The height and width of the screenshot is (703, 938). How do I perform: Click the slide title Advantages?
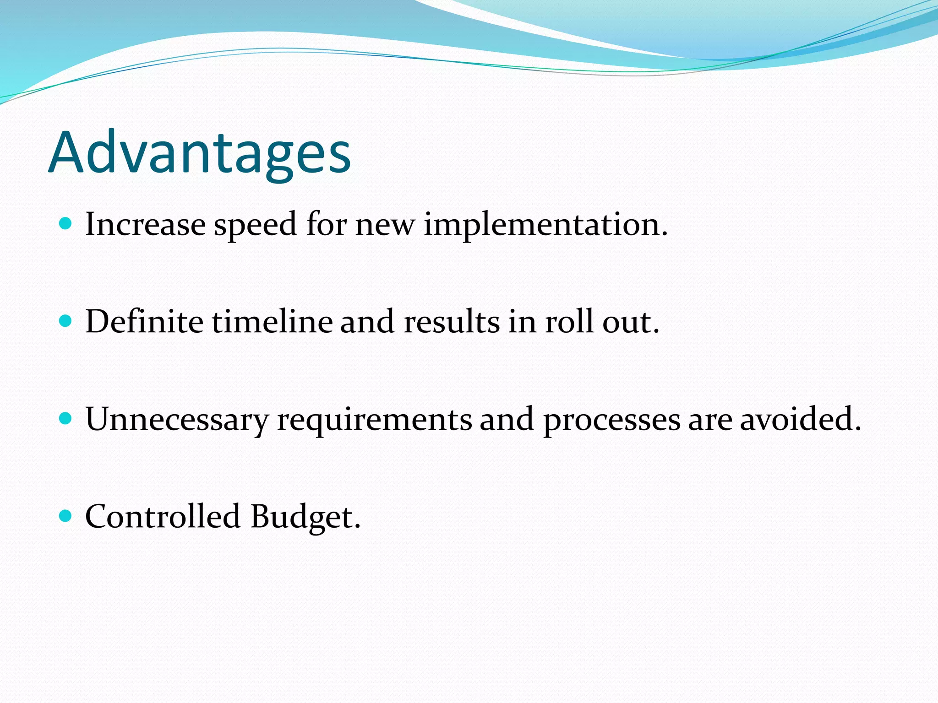click(199, 153)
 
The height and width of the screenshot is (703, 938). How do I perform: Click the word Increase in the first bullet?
click(145, 225)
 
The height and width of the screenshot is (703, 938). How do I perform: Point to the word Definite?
click(144, 322)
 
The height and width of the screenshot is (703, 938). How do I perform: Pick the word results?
click(451, 322)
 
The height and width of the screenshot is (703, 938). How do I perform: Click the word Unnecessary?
click(177, 420)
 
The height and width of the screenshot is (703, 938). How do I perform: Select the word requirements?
click(374, 420)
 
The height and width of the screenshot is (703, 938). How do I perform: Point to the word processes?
click(611, 420)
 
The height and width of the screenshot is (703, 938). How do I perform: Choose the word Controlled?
click(163, 517)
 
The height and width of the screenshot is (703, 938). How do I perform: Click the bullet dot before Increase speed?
click(66, 224)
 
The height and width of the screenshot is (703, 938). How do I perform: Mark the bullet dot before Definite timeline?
click(66, 321)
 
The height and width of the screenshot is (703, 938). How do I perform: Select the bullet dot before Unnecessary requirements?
click(66, 418)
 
